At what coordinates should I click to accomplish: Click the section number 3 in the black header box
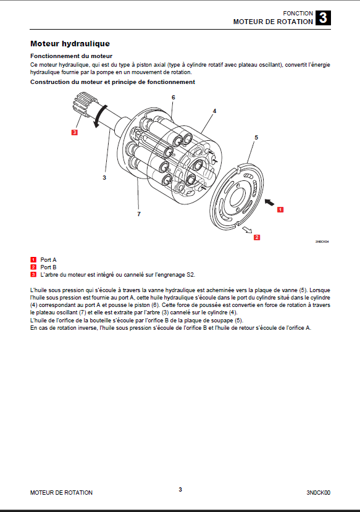[323, 18]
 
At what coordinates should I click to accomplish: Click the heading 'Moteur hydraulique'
[70, 44]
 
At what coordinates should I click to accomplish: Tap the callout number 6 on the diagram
[174, 98]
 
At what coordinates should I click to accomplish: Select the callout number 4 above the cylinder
[214, 111]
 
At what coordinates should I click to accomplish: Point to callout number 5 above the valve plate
[256, 138]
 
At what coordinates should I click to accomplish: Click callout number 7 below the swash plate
[139, 214]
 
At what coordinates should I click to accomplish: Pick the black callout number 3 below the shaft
[104, 178]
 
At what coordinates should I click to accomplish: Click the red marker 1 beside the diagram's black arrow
[280, 209]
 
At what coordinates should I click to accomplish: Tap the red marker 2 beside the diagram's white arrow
[257, 237]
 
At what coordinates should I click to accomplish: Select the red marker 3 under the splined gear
[75, 132]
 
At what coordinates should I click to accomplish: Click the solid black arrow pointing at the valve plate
[269, 203]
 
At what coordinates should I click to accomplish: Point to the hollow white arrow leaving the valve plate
[247, 230]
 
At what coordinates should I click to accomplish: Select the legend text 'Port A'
[48, 260]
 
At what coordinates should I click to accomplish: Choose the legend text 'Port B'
[48, 267]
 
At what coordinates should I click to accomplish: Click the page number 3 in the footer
[180, 490]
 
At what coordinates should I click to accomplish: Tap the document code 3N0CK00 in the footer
[318, 492]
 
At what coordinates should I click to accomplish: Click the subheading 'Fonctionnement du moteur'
[71, 56]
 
